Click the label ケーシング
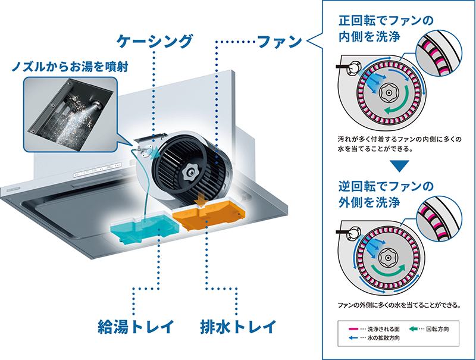click(155, 41)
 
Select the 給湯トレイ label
click(136, 327)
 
